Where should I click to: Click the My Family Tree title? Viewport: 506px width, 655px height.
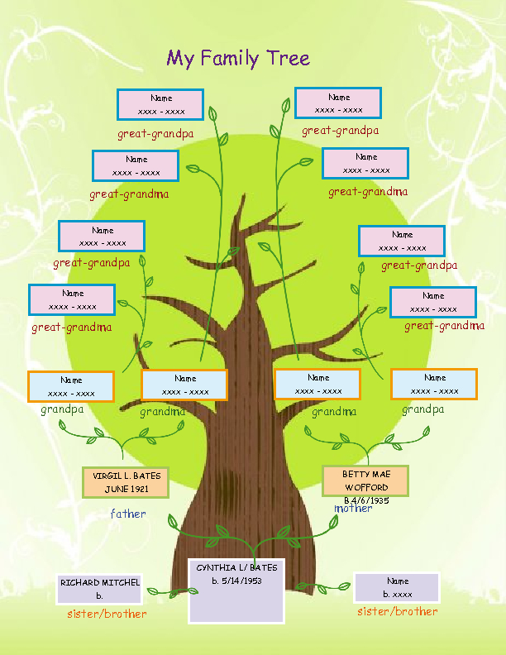pos(238,58)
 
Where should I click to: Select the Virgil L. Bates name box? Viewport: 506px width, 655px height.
pos(126,482)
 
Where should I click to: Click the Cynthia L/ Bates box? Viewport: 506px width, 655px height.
pos(236,590)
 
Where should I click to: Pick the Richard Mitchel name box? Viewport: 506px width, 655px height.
pos(99,589)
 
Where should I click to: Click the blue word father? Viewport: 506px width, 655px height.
pos(128,514)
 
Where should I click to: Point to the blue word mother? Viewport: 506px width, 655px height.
pos(353,508)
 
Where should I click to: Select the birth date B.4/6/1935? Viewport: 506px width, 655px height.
pos(366,500)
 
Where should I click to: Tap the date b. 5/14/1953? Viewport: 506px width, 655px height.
pos(236,581)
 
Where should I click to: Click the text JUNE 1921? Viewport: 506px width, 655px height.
pos(126,489)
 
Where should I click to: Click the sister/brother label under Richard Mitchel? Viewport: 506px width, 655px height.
pos(107,614)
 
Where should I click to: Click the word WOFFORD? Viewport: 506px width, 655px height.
pos(366,488)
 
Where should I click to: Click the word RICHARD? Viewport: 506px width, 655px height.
pos(79,583)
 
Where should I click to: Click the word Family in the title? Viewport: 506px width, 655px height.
pos(231,59)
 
